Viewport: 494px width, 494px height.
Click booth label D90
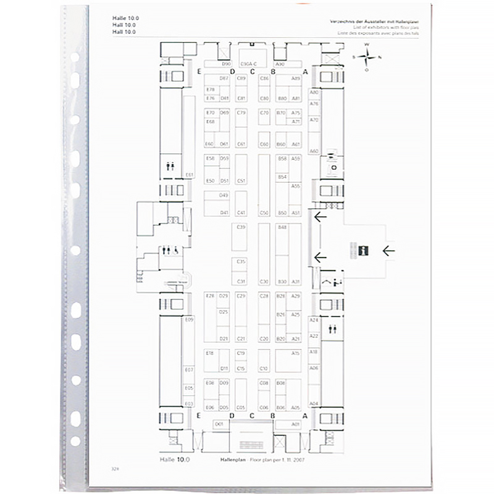coord(226,64)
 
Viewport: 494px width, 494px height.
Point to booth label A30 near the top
coord(280,64)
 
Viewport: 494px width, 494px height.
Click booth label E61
coord(189,175)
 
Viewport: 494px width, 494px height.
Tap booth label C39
coord(241,227)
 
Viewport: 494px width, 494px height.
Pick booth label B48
coord(282,227)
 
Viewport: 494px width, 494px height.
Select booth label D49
coord(224,195)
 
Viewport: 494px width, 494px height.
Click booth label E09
coord(189,320)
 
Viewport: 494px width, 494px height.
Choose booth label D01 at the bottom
coord(219,424)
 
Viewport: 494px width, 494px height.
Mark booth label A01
coord(295,424)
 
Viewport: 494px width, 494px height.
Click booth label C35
coord(241,262)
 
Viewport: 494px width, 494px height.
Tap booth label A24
coord(314,320)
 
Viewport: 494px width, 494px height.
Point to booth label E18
coord(210,353)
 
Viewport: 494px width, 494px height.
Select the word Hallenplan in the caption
coord(233,460)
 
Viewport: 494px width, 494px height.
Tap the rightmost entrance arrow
coord(388,251)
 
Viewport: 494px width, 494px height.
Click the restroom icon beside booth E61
coord(170,165)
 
